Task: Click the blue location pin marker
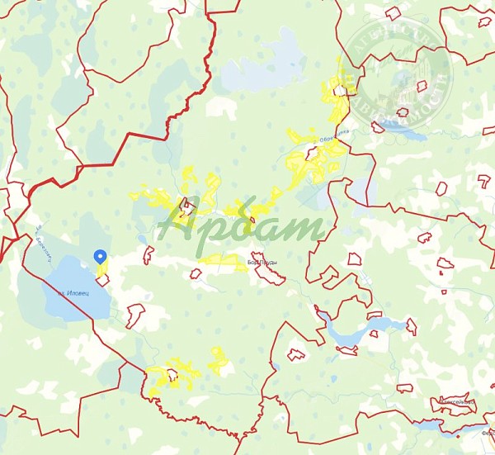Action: pyautogui.click(x=101, y=257)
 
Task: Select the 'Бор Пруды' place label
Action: pyautogui.click(x=262, y=262)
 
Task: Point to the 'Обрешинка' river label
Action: pyautogui.click(x=337, y=135)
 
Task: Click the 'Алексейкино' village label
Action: pyautogui.click(x=455, y=402)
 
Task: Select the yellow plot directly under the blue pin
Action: pyautogui.click(x=101, y=269)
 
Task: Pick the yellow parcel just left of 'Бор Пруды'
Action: pyautogui.click(x=223, y=263)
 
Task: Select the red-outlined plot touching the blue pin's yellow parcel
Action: pyautogui.click(x=106, y=282)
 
